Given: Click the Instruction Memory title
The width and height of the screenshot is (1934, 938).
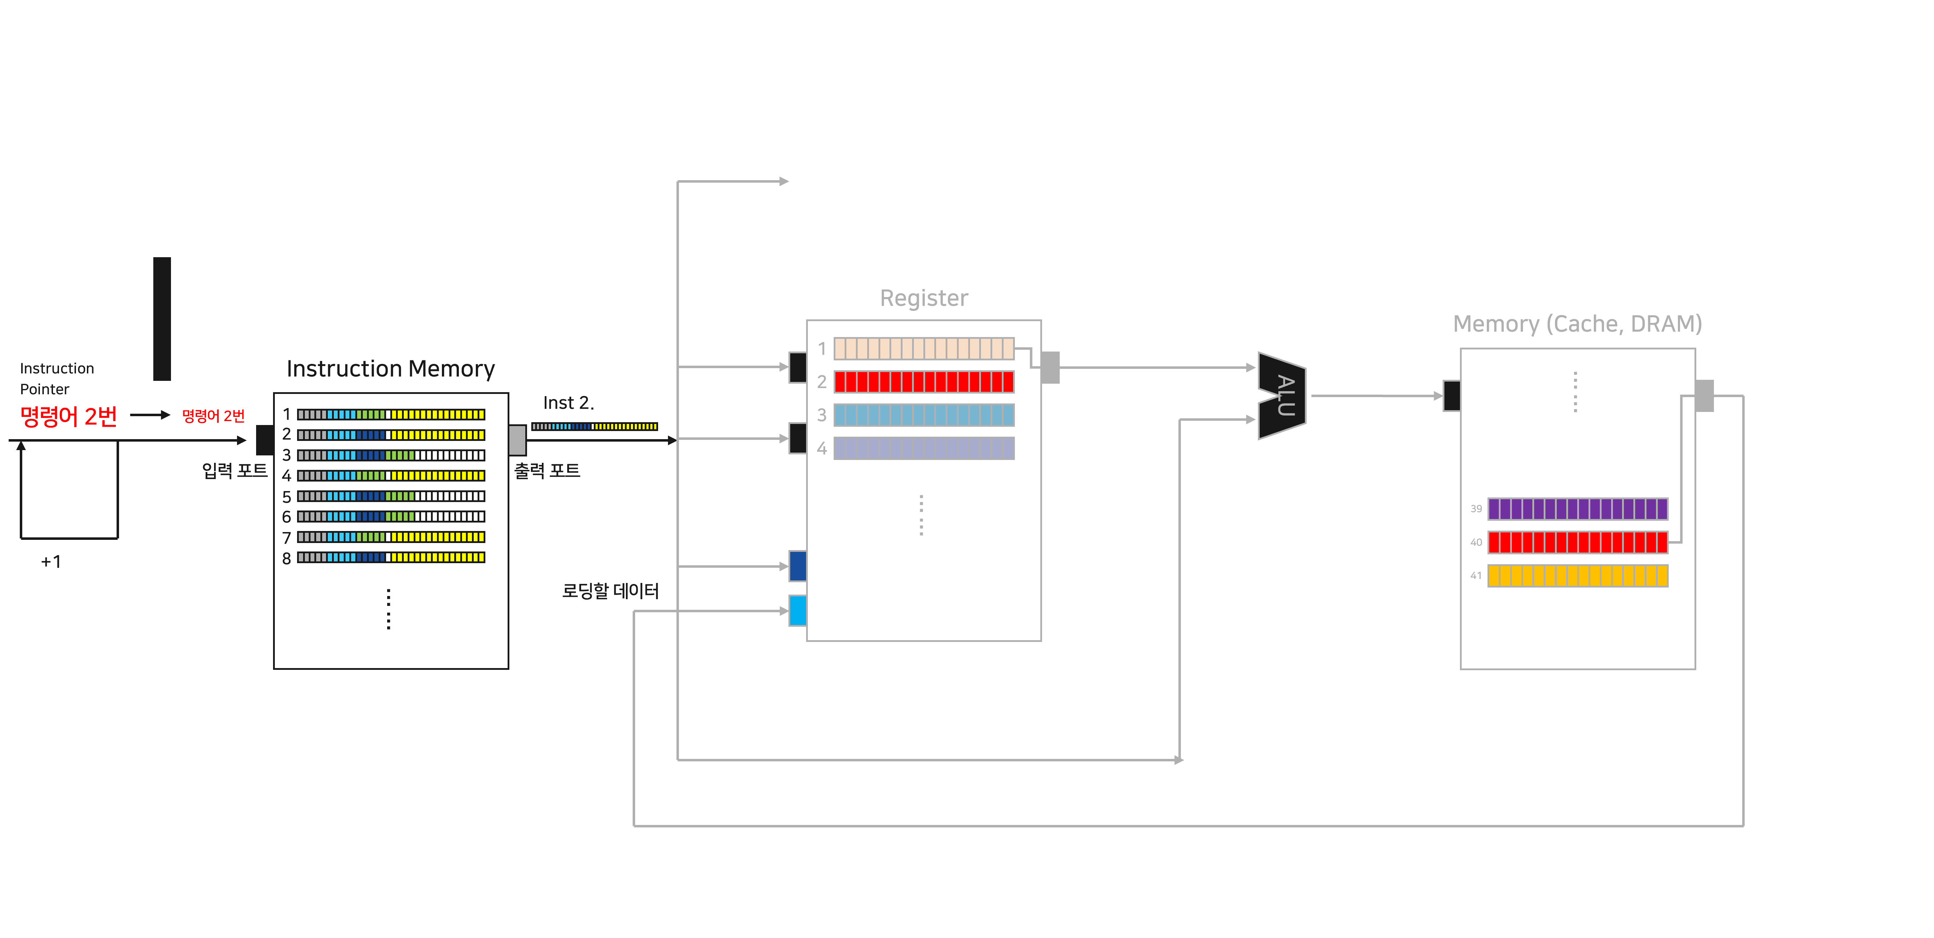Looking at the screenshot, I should click(390, 369).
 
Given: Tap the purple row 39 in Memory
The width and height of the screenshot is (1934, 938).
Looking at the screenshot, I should click(1577, 508).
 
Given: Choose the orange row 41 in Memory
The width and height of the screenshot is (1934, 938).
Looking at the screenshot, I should click(1577, 575).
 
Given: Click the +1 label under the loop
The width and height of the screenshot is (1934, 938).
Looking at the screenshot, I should click(51, 562).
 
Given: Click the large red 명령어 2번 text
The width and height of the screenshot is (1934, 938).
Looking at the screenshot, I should click(68, 416).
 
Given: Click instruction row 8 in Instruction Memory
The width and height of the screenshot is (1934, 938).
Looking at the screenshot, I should click(390, 557).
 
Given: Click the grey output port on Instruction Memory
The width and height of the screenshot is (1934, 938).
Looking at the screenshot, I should click(517, 440).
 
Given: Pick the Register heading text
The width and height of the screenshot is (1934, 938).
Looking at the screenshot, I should click(923, 298).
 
